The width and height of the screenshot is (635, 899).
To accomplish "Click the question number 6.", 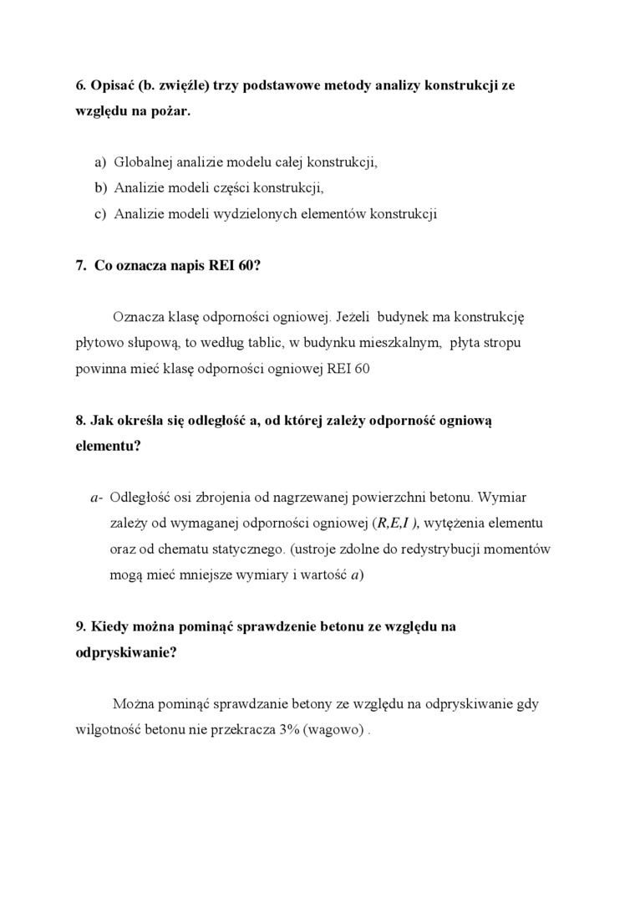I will (x=81, y=85).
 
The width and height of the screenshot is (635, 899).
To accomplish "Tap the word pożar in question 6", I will (x=172, y=110).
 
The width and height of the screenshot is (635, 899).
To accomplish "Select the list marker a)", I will (x=100, y=161).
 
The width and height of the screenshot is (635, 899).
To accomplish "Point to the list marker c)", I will (x=100, y=213).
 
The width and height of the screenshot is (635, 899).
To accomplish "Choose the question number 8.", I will (x=81, y=420).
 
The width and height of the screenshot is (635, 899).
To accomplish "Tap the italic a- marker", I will (x=96, y=498).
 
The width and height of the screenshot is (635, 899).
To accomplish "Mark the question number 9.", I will (x=81, y=626).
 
